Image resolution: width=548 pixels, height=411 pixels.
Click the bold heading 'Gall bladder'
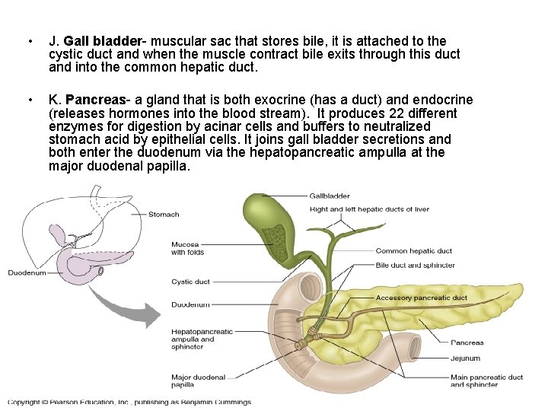pyautogui.click(x=103, y=40)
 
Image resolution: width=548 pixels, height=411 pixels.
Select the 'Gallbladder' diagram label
pyautogui.click(x=329, y=196)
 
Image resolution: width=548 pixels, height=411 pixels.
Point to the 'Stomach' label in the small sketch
pyautogui.click(x=164, y=215)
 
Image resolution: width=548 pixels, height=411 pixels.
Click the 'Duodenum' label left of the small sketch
pyautogui.click(x=27, y=272)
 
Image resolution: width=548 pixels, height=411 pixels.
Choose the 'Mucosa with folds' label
pyautogui.click(x=187, y=249)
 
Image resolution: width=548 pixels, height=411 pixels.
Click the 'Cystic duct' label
pyautogui.click(x=190, y=282)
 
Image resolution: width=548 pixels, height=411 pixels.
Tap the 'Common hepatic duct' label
pyautogui.click(x=413, y=251)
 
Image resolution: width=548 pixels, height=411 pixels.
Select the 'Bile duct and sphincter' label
pyautogui.click(x=415, y=266)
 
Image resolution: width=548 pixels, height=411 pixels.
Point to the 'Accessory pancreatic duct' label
pyautogui.click(x=421, y=298)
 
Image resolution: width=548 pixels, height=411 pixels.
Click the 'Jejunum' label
pyautogui.click(x=465, y=358)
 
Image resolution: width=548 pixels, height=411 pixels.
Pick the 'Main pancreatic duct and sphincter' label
pyautogui.click(x=486, y=381)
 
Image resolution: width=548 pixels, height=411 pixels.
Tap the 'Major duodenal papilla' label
pyautogui.click(x=198, y=381)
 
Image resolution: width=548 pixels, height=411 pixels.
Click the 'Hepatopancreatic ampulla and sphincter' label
pyautogui.click(x=202, y=339)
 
